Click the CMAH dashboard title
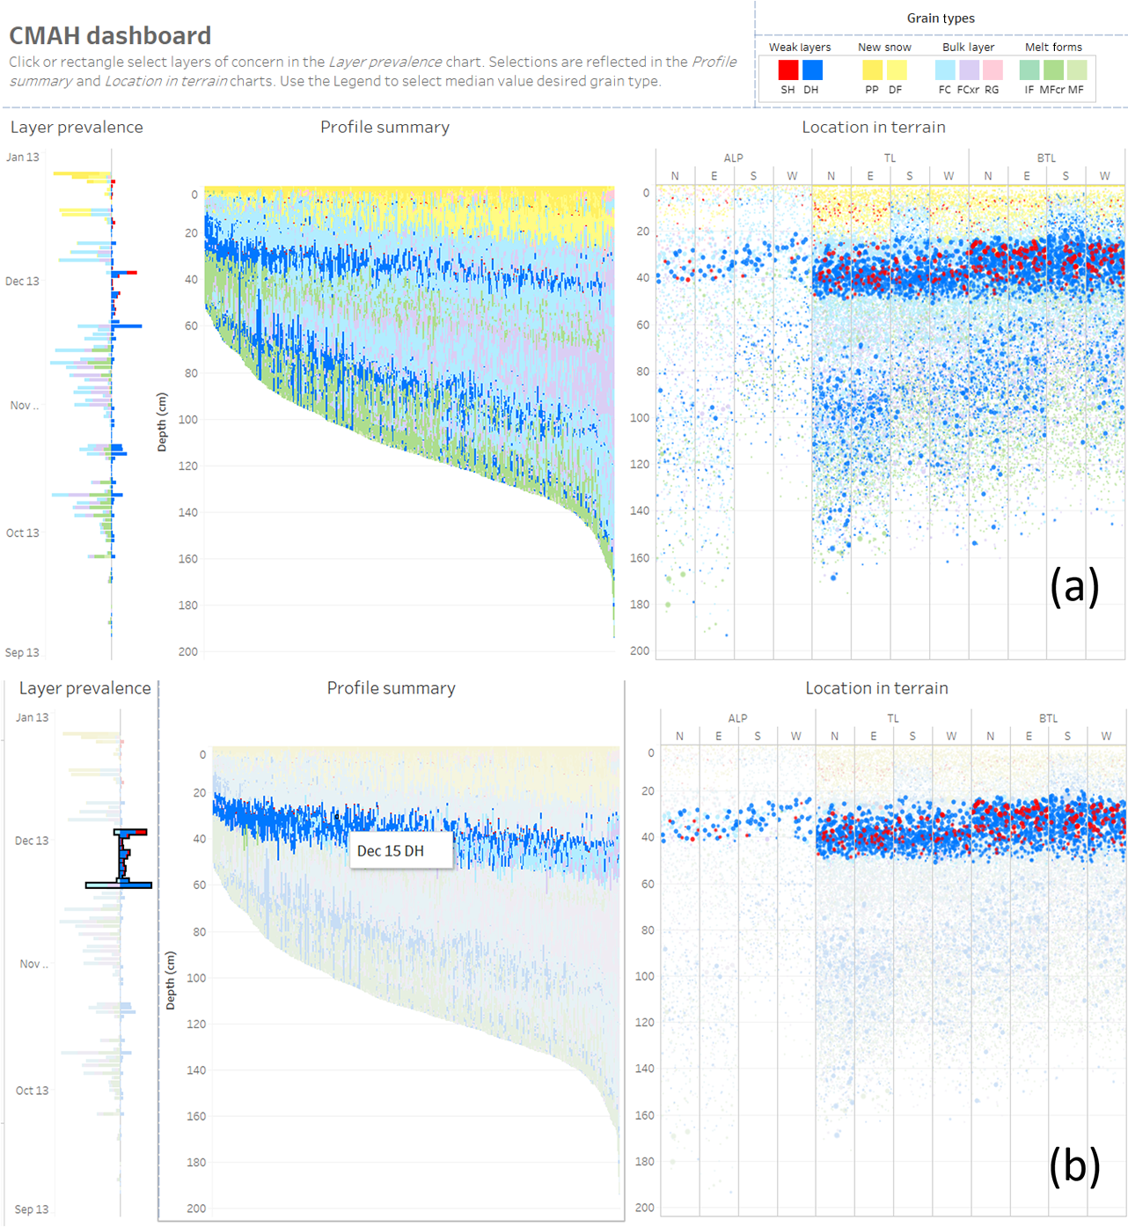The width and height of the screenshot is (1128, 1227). (110, 36)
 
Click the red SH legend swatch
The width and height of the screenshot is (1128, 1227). (788, 70)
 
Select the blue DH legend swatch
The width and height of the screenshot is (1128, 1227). (812, 70)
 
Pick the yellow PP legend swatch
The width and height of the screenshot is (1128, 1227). (872, 70)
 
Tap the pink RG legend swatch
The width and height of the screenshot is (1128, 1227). (992, 70)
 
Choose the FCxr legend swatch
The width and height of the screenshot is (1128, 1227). (969, 70)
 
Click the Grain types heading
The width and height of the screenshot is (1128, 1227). (941, 18)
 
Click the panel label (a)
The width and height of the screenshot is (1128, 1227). (1074, 585)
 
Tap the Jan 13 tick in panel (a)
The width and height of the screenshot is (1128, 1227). (23, 158)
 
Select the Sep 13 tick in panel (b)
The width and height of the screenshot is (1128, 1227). (32, 1209)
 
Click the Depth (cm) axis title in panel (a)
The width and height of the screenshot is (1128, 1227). (162, 422)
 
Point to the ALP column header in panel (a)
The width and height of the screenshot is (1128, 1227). (733, 158)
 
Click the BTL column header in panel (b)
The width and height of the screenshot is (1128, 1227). (1048, 719)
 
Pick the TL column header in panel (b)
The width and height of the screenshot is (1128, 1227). (892, 719)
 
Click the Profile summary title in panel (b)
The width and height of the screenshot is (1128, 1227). (392, 688)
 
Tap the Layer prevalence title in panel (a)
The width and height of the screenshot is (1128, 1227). (77, 128)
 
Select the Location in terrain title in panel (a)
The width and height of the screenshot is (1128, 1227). (874, 128)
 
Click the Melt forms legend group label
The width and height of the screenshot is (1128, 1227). (1053, 48)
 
